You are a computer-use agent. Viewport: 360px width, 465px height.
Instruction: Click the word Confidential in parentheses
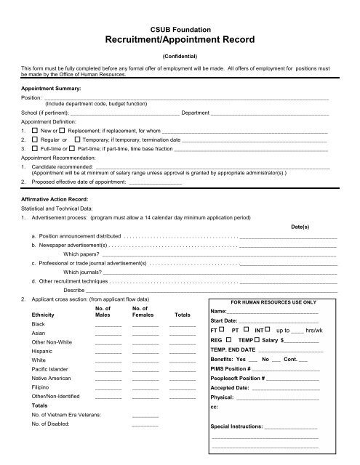tap(179, 52)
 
